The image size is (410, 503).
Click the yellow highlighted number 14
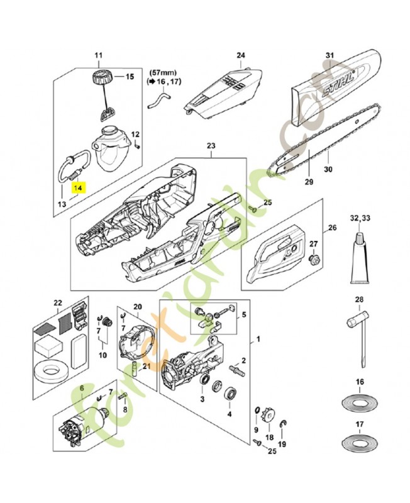(x=78, y=187)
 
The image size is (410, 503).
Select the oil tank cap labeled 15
(x=101, y=79)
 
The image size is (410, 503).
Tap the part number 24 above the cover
(x=240, y=55)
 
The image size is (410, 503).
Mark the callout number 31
(x=329, y=55)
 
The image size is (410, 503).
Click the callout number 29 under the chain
(x=308, y=182)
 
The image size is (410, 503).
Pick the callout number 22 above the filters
(x=58, y=303)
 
